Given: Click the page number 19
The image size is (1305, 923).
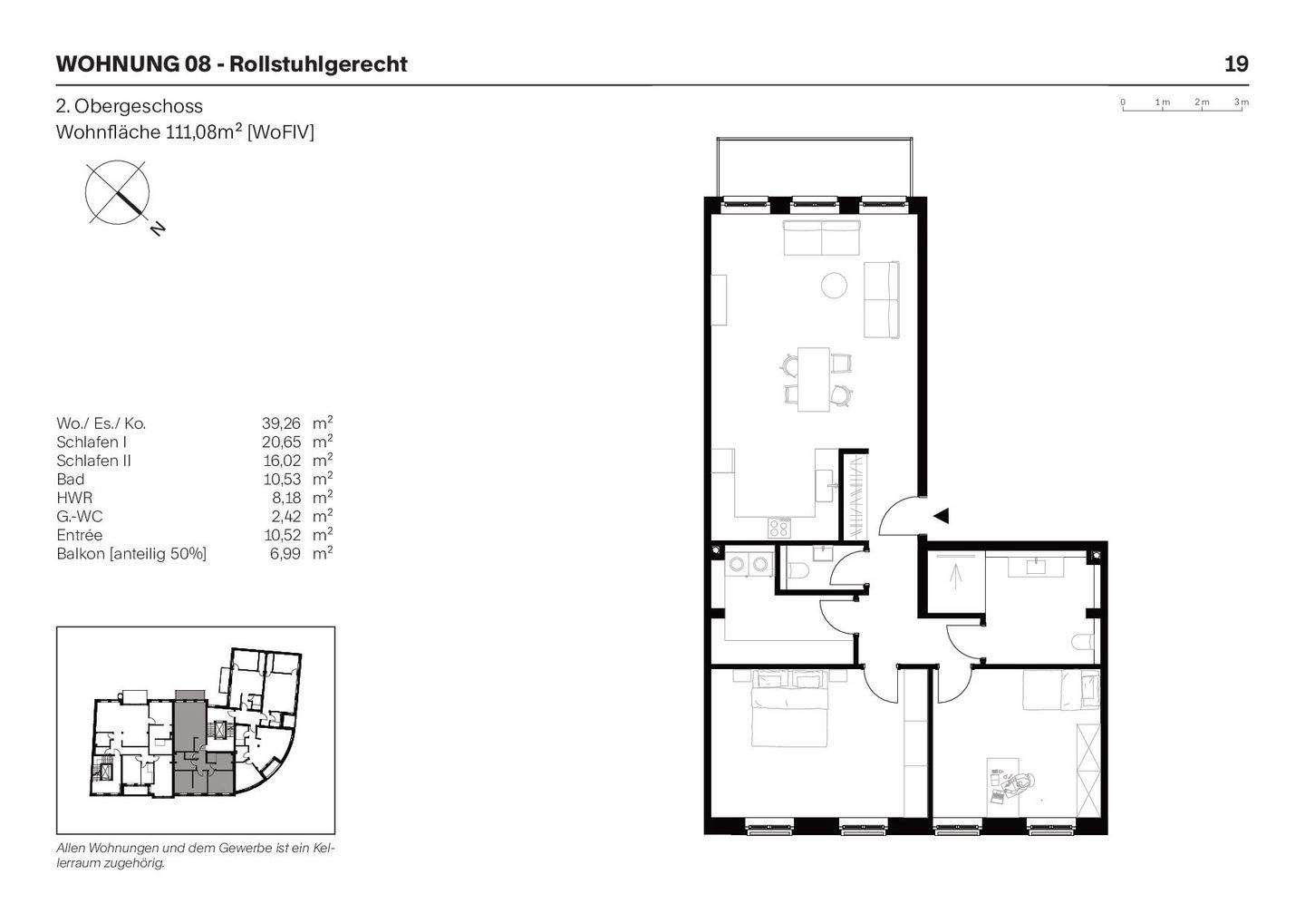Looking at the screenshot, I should pyautogui.click(x=1235, y=64).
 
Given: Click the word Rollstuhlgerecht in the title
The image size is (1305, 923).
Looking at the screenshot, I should pyautogui.click(x=318, y=64).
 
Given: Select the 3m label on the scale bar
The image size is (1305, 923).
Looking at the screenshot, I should pyautogui.click(x=1241, y=102).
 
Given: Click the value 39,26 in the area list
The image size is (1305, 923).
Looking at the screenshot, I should pyautogui.click(x=280, y=423).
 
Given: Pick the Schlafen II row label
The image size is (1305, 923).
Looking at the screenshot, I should pyautogui.click(x=93, y=461).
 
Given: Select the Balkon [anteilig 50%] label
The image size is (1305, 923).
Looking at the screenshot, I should pyautogui.click(x=131, y=554).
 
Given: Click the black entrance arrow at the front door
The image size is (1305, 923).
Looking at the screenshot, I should pyautogui.click(x=941, y=516).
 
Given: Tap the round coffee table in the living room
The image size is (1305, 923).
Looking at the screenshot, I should pyautogui.click(x=834, y=286).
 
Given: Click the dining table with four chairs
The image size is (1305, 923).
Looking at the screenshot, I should pyautogui.click(x=815, y=379).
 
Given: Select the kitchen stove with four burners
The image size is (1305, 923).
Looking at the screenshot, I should pyautogui.click(x=779, y=527).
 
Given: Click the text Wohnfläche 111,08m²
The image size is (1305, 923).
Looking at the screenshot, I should pyautogui.click(x=185, y=132).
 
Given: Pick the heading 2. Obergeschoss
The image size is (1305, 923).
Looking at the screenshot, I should pyautogui.click(x=130, y=106).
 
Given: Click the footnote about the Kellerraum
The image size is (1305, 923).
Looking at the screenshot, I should pyautogui.click(x=195, y=856).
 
